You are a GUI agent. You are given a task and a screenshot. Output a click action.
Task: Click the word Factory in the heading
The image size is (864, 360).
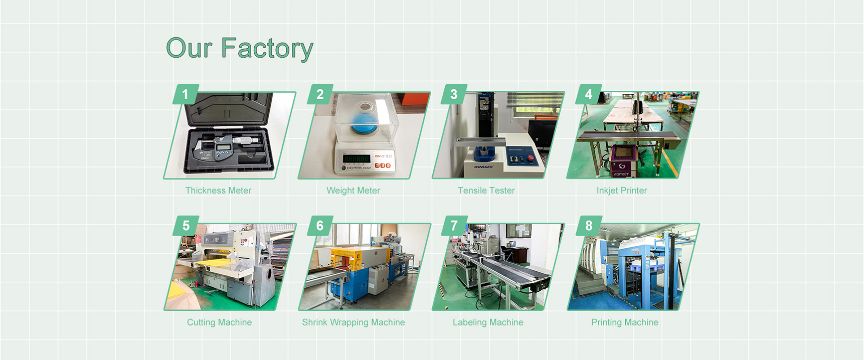pyautogui.click(x=267, y=49)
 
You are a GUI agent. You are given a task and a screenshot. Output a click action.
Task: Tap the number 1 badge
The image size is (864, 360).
pyautogui.click(x=186, y=94)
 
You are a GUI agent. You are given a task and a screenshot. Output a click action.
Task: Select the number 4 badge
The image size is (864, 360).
pyautogui.click(x=589, y=94)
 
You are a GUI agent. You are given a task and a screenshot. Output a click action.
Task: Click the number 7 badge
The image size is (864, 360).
pyautogui.click(x=454, y=226)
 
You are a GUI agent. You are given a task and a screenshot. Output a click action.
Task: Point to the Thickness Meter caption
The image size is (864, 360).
pyautogui.click(x=218, y=191)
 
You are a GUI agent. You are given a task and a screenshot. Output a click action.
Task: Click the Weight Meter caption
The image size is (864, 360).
pyautogui.click(x=353, y=191)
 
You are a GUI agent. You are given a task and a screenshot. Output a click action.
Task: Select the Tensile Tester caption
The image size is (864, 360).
pyautogui.click(x=486, y=191)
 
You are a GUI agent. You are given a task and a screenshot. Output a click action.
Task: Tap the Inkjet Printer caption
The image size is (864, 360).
pyautogui.click(x=621, y=191)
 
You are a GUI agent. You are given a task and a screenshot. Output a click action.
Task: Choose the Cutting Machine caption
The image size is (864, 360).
pyautogui.click(x=219, y=322)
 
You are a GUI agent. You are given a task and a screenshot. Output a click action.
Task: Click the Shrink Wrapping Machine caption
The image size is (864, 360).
pyautogui.click(x=353, y=322)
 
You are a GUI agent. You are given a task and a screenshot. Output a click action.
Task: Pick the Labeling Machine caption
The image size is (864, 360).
pyautogui.click(x=487, y=322)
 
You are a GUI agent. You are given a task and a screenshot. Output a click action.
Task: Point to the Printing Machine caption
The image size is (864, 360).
pyautogui.click(x=624, y=322)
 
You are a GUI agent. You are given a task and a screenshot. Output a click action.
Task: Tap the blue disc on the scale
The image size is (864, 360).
pyautogui.click(x=364, y=123)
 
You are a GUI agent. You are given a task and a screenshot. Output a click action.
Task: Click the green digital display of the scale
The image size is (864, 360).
pyautogui.click(x=356, y=158)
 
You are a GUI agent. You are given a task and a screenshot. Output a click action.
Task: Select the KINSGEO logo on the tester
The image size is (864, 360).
pyautogui.click(x=483, y=166)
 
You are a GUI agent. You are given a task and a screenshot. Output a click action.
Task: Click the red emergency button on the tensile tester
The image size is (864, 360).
pyautogui.click(x=531, y=158)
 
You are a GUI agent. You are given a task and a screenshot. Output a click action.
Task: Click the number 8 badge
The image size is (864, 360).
pyautogui.click(x=589, y=226)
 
